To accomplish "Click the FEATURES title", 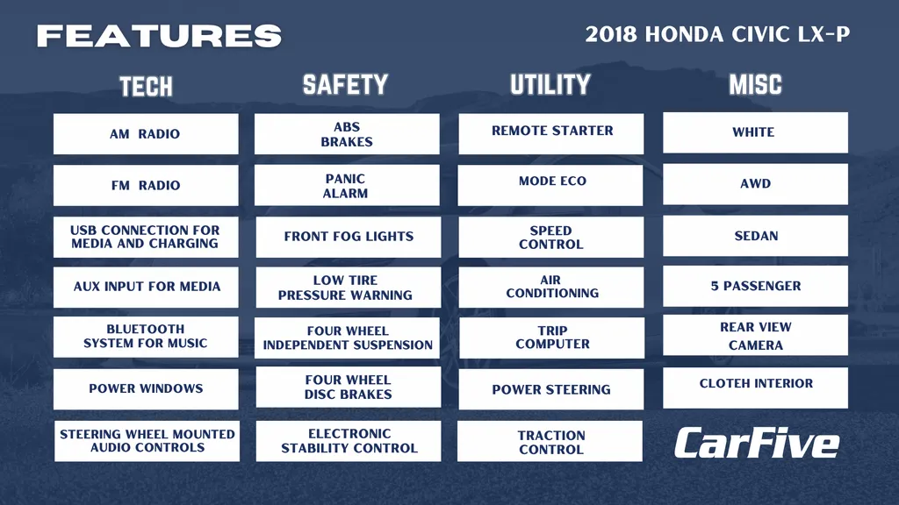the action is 160,36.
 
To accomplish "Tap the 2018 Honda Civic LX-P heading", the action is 717,34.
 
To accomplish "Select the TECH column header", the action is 147,87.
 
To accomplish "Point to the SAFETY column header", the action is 345,85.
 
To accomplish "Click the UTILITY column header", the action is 550,85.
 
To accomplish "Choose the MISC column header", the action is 755,85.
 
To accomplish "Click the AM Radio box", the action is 146,133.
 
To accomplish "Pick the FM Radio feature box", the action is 146,185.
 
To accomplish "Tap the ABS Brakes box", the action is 347,133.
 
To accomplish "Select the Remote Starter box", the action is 551,133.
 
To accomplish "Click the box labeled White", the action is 755,132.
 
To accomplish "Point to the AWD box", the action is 755,184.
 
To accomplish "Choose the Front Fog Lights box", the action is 348,237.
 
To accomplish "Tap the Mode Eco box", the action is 550,185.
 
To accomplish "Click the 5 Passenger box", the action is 755,286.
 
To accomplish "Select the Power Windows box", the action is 146,388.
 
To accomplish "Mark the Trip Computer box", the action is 551,338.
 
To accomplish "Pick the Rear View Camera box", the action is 755,335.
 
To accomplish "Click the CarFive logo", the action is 756,443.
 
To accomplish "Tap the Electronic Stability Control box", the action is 348,441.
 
